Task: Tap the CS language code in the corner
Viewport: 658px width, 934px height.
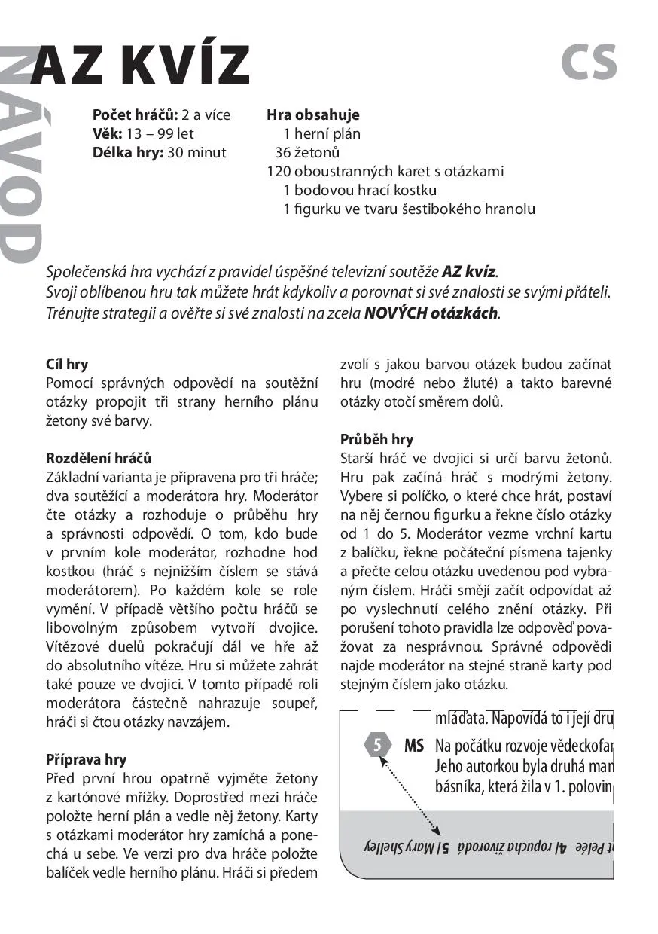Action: (589, 63)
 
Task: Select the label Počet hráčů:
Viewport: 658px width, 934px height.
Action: (135, 115)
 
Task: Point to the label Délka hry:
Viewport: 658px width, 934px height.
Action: (127, 153)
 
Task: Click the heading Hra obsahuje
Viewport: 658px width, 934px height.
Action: (313, 115)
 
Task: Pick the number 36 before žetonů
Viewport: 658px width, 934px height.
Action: (282, 153)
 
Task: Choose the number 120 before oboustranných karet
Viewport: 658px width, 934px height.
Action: (279, 172)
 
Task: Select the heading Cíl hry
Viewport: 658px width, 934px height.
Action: (67, 365)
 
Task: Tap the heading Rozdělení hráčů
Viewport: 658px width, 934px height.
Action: (99, 459)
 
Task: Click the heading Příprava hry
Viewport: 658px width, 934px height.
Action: (86, 759)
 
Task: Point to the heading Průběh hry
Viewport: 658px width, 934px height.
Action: (376, 439)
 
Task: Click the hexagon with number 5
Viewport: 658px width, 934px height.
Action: (378, 746)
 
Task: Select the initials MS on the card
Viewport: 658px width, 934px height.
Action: (414, 746)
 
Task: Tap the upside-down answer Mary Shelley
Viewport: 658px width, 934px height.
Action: (398, 846)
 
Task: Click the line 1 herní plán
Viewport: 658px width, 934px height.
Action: (321, 134)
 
